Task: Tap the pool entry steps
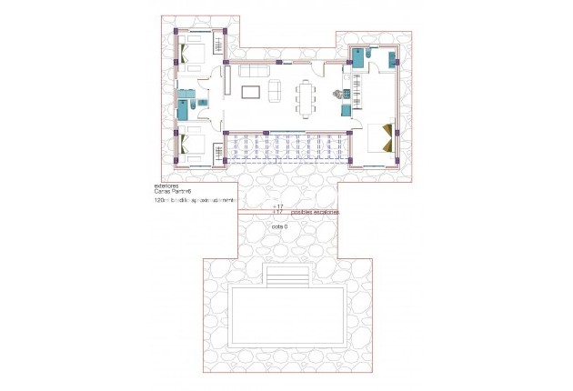click(286, 274)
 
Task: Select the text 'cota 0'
click(279, 226)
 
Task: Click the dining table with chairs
click(305, 97)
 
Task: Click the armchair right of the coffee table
click(275, 90)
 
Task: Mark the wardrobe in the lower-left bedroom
click(219, 152)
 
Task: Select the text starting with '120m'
click(195, 199)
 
